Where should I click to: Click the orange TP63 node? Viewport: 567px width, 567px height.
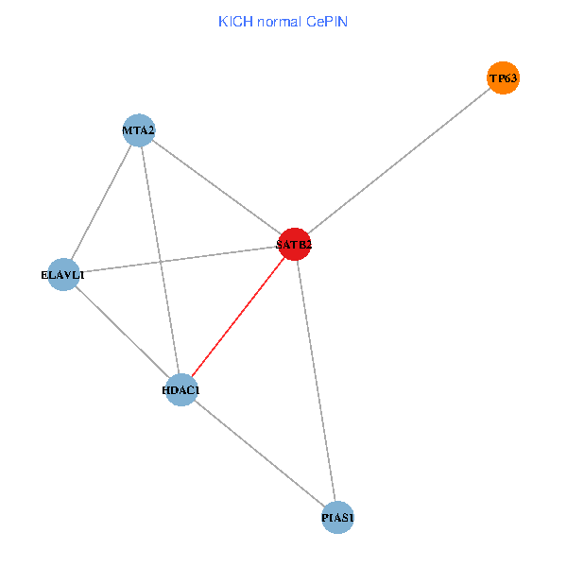503,77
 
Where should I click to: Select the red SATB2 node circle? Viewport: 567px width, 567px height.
294,244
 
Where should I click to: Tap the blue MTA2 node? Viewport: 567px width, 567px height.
139,129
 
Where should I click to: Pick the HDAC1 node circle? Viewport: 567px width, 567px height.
180,389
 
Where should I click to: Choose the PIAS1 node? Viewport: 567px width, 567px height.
337,517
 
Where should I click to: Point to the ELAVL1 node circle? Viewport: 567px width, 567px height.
63,274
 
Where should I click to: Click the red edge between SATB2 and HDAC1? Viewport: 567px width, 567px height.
237,317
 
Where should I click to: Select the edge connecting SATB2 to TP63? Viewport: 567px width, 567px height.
398,161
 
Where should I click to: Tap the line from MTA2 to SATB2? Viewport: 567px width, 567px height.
216,187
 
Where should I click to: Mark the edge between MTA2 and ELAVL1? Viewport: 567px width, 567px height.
101,201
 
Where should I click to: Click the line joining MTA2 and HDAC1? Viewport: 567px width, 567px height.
160,260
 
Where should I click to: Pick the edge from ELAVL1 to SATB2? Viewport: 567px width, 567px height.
179,259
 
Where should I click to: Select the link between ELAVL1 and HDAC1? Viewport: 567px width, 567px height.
122,332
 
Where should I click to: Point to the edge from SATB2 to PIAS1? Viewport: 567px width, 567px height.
316,380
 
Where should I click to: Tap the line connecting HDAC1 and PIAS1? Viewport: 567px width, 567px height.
259,454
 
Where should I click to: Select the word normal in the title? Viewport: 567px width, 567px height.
278,21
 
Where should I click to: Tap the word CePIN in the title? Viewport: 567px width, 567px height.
326,21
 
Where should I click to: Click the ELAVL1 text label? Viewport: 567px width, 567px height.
63,275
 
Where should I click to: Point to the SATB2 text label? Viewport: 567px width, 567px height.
294,245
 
